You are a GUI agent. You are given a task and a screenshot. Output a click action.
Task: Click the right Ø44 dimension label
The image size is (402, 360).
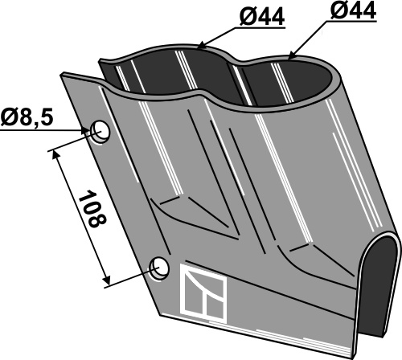(353, 10)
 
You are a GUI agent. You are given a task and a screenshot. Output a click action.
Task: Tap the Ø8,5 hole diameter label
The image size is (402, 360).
(27, 117)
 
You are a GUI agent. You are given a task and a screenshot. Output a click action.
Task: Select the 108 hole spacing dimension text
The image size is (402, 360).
(92, 209)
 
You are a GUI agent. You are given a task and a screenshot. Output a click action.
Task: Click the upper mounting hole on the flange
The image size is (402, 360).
(100, 131)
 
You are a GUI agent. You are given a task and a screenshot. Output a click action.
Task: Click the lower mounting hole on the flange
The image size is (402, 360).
(160, 268)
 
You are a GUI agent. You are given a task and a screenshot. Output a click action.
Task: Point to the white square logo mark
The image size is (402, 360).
(203, 292)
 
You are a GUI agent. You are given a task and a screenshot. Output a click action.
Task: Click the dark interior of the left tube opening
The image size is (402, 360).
(171, 72)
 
